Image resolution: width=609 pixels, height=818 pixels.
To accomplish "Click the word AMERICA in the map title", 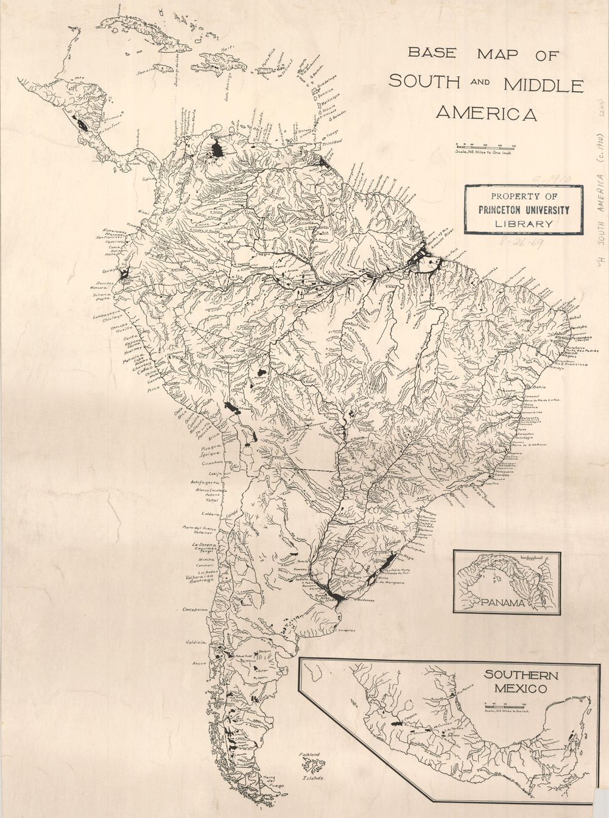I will tap(486, 113).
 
